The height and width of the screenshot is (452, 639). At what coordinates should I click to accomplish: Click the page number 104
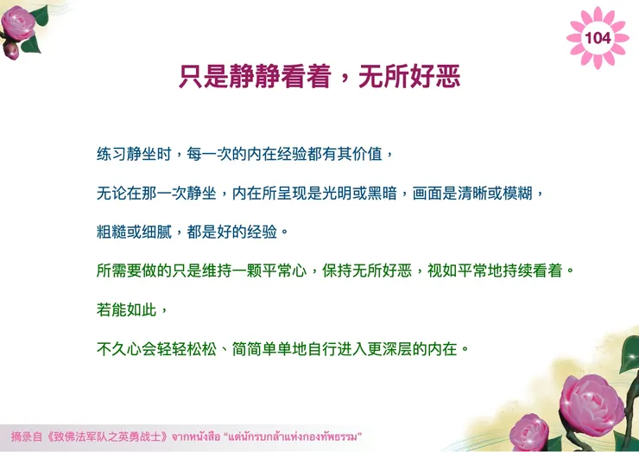point(598,37)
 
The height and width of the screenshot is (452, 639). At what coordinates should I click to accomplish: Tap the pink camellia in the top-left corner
point(21,23)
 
